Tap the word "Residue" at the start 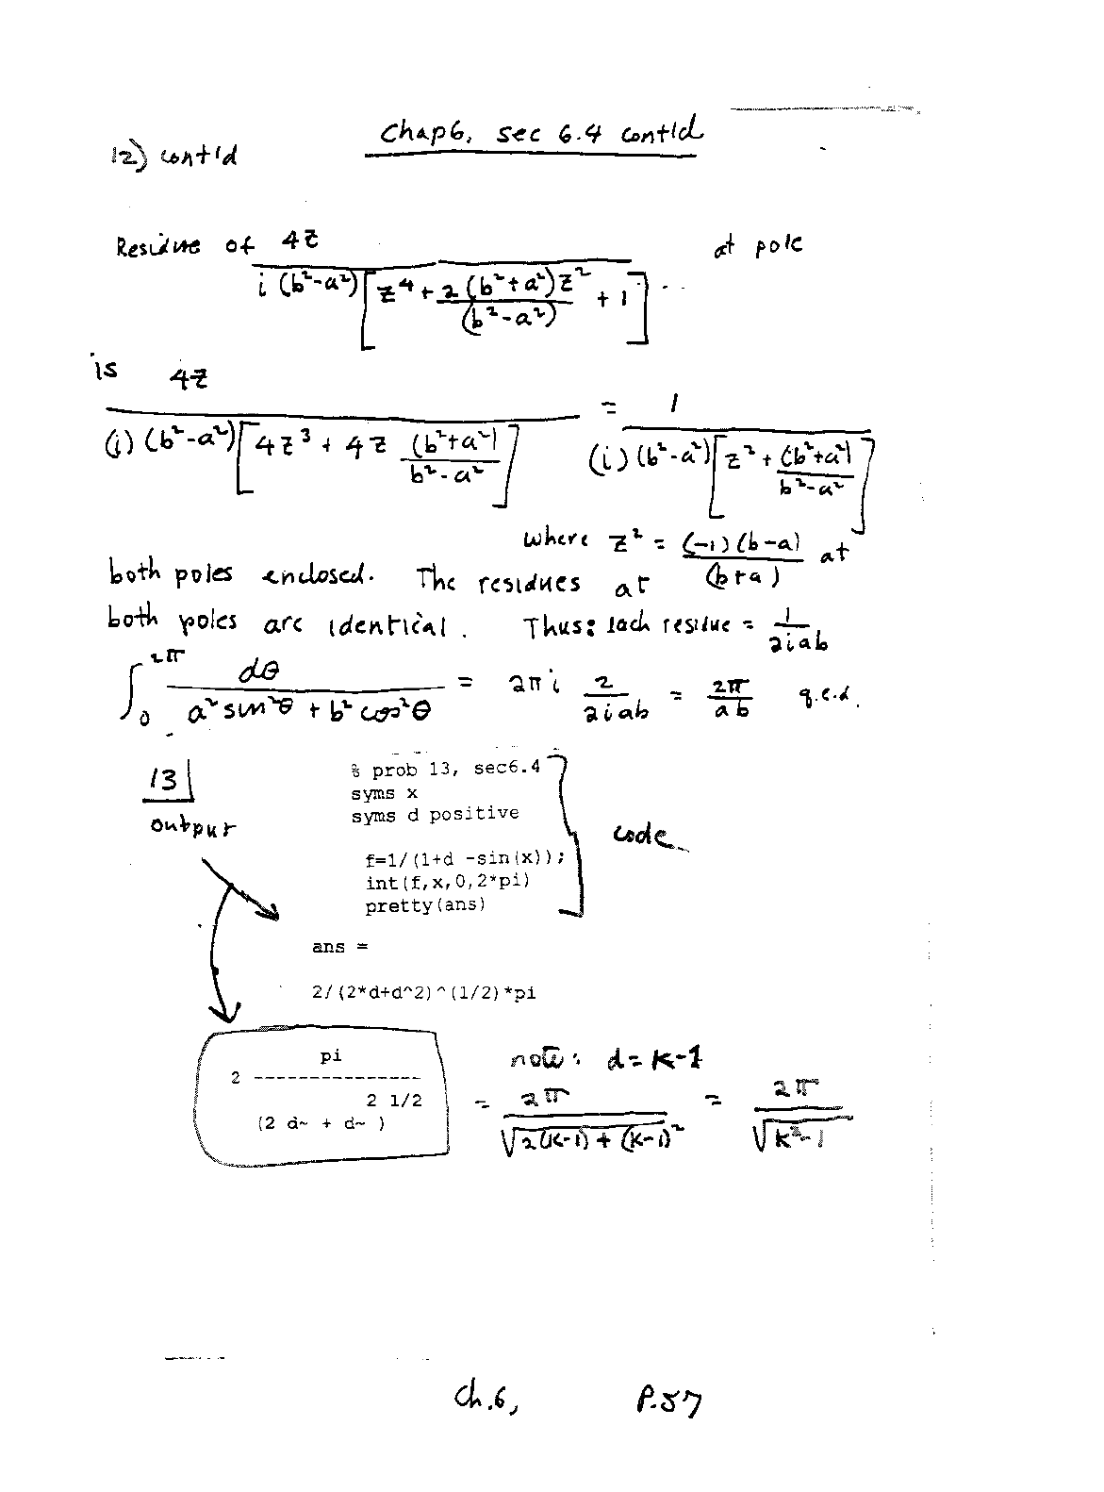pyautogui.click(x=157, y=247)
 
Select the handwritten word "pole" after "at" pyautogui.click(x=778, y=246)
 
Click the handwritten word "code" pyautogui.click(x=643, y=836)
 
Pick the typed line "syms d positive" pyautogui.click(x=435, y=814)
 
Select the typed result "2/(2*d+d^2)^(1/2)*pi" pyautogui.click(x=423, y=992)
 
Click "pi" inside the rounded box pyautogui.click(x=331, y=1057)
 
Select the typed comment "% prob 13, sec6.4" pyautogui.click(x=445, y=769)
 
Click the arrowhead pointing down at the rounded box pyautogui.click(x=223, y=1014)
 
